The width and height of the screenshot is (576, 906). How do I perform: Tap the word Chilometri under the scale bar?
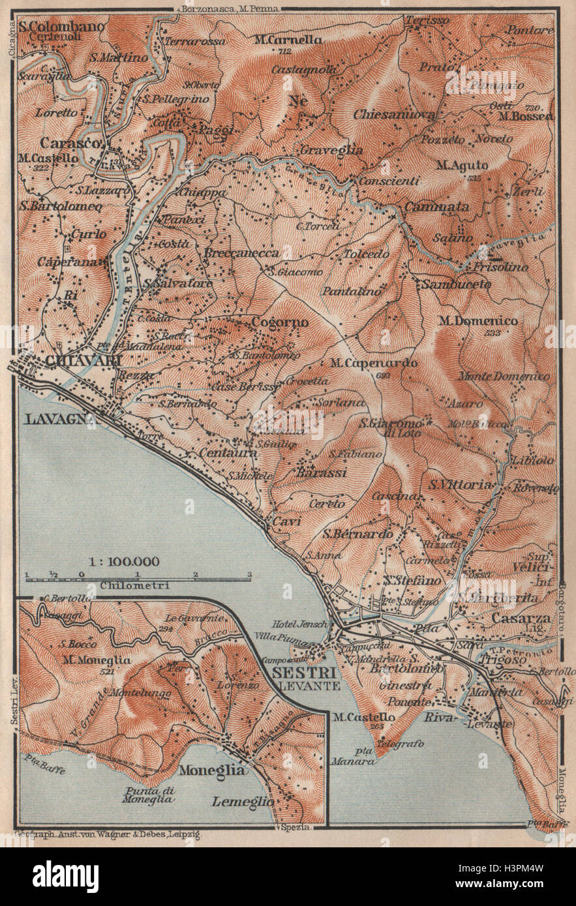135,585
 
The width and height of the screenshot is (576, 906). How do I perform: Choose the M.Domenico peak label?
478,321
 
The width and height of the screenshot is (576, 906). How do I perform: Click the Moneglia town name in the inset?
213,770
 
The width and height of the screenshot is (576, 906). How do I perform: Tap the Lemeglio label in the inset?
242,802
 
